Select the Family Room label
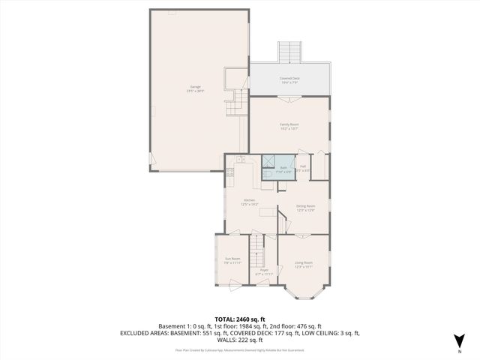[289, 126]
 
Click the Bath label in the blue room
[284, 169]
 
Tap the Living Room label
[303, 264]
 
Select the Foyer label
[264, 271]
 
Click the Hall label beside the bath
[303, 168]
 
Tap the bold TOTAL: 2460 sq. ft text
[239, 319]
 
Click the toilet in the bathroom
[266, 173]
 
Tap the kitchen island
[267, 213]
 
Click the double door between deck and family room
[289, 97]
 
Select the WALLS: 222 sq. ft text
[239, 340]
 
